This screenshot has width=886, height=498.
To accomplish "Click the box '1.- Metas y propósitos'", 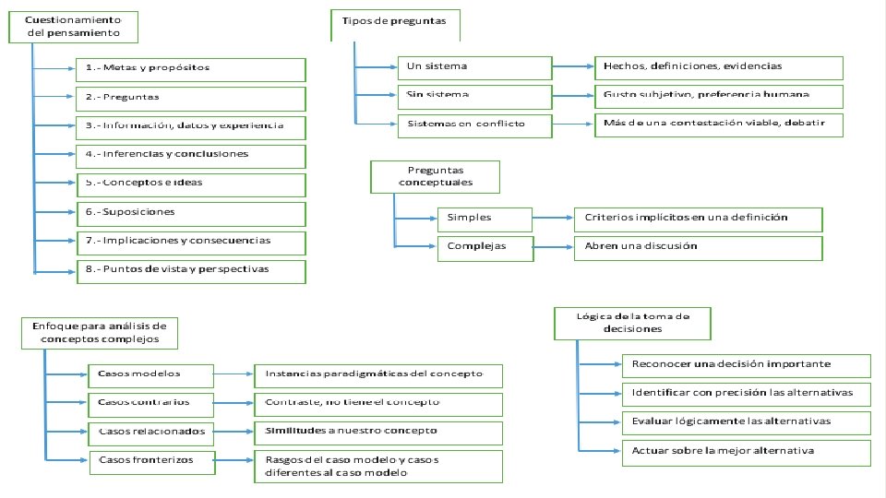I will pyautogui.click(x=191, y=68).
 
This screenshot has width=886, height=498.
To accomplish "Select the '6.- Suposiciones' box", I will pyautogui.click(x=191, y=213).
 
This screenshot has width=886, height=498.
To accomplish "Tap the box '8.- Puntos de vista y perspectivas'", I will pyautogui.click(x=191, y=270).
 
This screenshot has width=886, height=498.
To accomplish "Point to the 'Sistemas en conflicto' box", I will pyautogui.click(x=474, y=125).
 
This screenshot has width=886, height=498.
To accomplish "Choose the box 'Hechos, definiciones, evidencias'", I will pyautogui.click(x=718, y=67).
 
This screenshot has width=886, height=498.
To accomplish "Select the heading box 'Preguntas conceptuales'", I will pyautogui.click(x=435, y=176).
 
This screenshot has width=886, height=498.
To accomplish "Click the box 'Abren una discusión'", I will pyautogui.click(x=697, y=247).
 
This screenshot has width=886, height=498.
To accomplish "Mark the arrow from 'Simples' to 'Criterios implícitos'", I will pyautogui.click(x=553, y=219).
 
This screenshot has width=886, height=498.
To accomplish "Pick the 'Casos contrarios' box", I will pyautogui.click(x=151, y=403).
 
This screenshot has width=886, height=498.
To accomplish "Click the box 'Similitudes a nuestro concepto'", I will pyautogui.click(x=378, y=432).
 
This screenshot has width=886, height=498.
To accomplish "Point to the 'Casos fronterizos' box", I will pyautogui.click(x=151, y=460).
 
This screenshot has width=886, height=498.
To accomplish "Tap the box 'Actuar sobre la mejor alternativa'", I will pyautogui.click(x=746, y=452).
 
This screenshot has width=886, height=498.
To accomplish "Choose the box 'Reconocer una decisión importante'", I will pyautogui.click(x=746, y=363).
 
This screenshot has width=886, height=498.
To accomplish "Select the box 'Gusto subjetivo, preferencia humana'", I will pyautogui.click(x=718, y=96).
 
